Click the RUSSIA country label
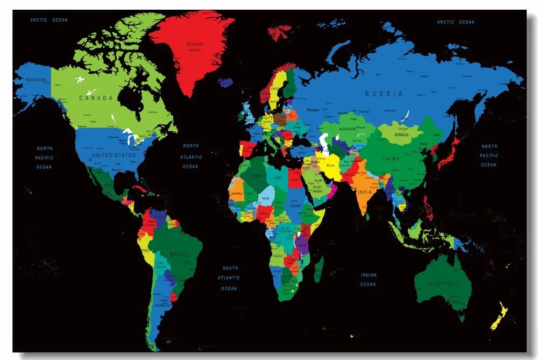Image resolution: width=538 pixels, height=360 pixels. pos(384,94)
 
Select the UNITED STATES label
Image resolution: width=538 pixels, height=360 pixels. pos(114,155)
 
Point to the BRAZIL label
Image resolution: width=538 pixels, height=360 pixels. pos(180,253)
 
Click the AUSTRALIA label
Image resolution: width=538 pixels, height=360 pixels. pos(444,283)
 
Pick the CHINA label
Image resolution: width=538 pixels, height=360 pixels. pos(391,159)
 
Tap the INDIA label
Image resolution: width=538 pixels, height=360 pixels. pos(364,193)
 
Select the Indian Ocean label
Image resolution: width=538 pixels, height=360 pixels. pos(369,279)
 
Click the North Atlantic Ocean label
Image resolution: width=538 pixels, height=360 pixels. pos(190,156)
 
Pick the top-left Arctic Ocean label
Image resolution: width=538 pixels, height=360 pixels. pos(49,20)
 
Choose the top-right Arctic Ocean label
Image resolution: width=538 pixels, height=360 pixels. pos(456,22)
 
